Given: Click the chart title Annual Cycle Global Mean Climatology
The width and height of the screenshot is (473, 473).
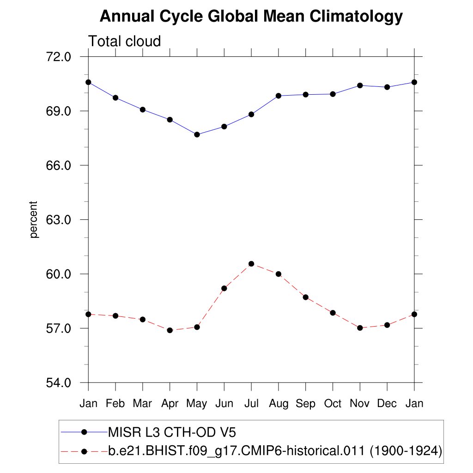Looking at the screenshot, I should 251,17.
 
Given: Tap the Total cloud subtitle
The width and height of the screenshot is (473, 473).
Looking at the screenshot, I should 124,41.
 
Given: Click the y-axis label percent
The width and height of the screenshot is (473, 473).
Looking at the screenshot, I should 33,219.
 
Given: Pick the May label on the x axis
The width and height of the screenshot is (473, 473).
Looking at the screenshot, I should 197,404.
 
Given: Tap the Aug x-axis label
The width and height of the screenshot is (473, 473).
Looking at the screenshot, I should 279,404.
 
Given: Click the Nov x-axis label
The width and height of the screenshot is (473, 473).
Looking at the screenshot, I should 360,404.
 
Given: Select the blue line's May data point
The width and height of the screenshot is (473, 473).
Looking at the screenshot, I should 197,134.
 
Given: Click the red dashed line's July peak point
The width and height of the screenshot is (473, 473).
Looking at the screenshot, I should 251,264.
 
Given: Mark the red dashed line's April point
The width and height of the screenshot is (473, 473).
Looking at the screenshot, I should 170,330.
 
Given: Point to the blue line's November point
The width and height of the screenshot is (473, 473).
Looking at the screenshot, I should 360,85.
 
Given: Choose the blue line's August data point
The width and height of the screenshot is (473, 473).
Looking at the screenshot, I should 279,96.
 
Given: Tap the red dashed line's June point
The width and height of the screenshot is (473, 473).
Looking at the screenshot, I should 224,288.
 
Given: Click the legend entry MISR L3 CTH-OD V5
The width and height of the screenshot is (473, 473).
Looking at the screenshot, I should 171,432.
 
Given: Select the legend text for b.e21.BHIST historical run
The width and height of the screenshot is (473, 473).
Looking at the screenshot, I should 275,451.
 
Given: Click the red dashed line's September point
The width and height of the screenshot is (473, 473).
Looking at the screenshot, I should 306,297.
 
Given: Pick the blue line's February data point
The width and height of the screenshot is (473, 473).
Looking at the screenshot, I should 115,97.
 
